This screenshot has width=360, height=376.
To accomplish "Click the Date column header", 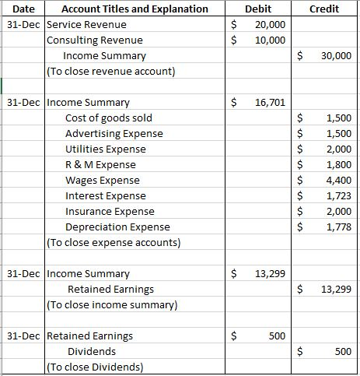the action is (x=23, y=9).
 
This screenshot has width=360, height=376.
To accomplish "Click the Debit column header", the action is (x=257, y=9).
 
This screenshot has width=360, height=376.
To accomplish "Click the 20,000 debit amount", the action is (x=270, y=25).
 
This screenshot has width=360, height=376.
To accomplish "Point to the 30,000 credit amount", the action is (x=335, y=56).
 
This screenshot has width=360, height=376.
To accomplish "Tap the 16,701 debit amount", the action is (x=270, y=102).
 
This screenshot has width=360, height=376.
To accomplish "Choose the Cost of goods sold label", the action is (x=109, y=118).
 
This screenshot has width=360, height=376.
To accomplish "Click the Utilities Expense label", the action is (x=105, y=149).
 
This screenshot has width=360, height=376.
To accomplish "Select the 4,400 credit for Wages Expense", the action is (x=339, y=180).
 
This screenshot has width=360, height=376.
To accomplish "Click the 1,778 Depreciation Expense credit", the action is (x=339, y=227).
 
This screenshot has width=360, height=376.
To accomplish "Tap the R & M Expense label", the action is (x=100, y=164).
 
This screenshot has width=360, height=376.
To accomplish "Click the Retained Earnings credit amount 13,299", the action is (x=335, y=289).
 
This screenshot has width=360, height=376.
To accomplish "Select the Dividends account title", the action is (x=92, y=351).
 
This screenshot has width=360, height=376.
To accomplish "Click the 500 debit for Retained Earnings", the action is (x=276, y=336).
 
